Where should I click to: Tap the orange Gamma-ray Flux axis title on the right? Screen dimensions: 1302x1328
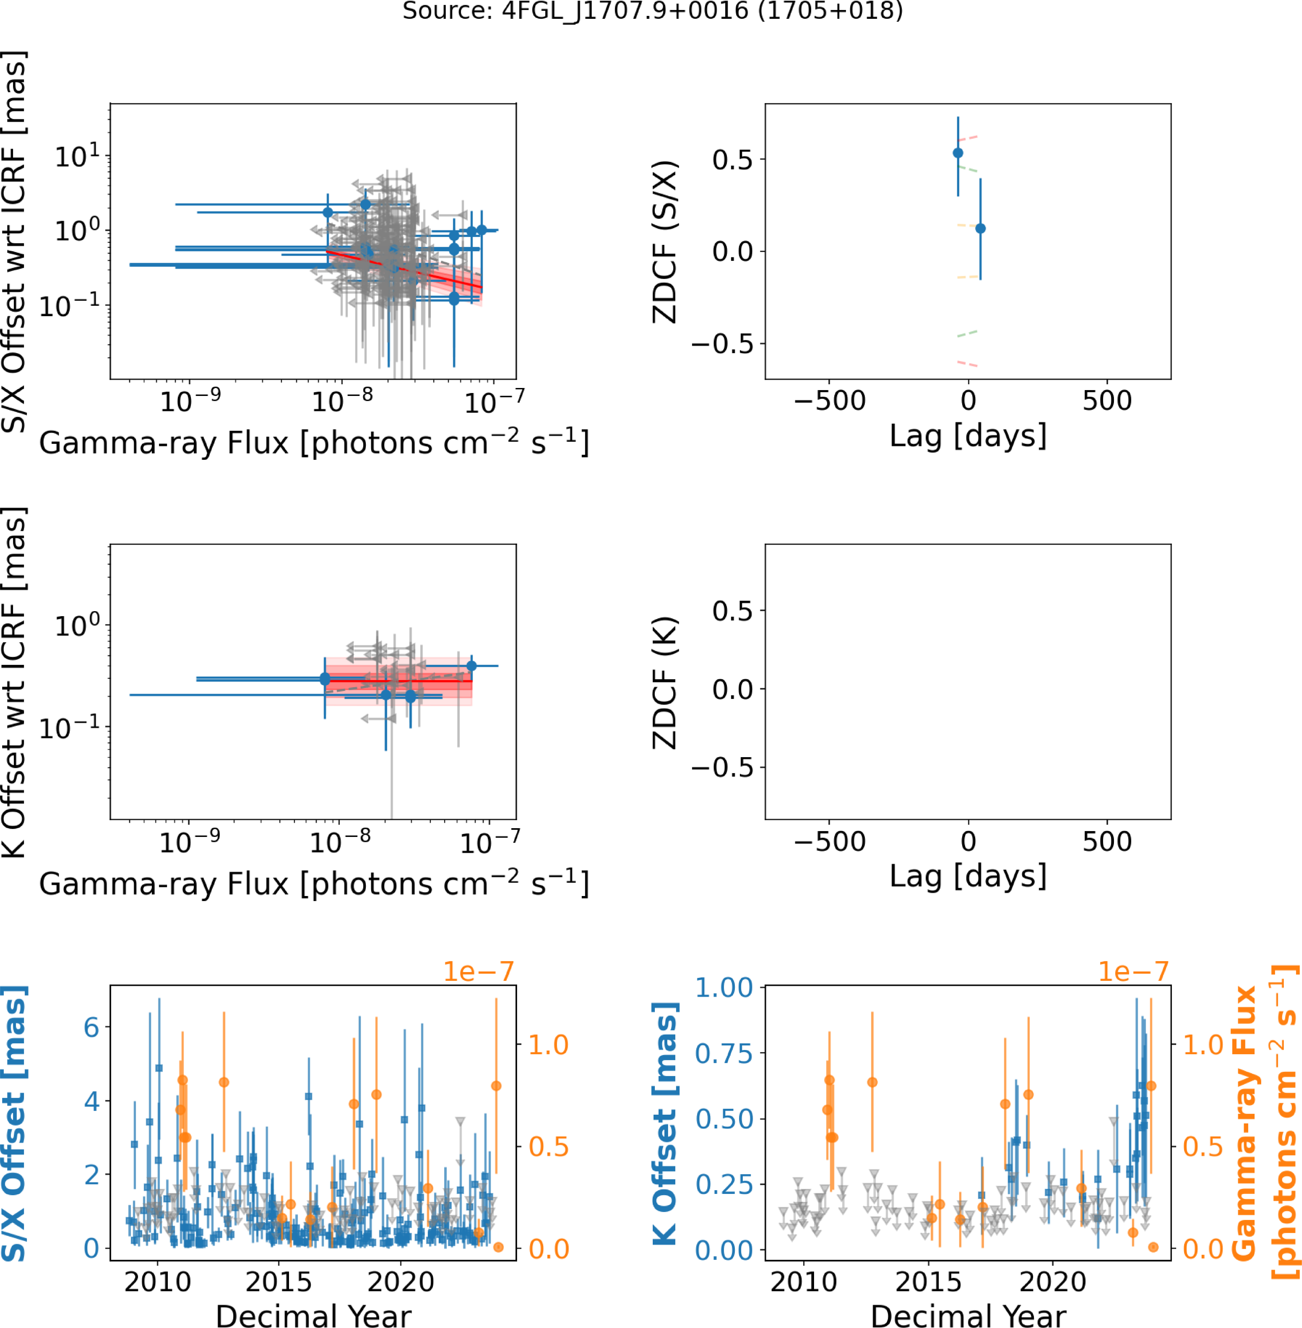[1265, 1122]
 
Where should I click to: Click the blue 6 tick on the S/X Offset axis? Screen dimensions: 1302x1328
[91, 1027]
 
